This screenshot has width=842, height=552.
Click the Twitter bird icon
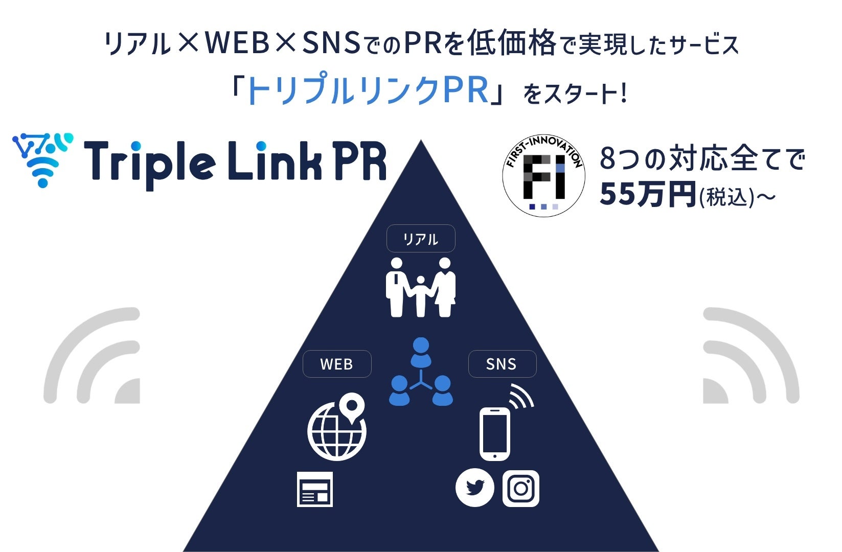click(x=474, y=488)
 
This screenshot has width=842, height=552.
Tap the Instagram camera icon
click(x=521, y=488)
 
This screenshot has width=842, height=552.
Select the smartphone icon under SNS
click(x=495, y=434)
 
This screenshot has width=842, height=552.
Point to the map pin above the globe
click(x=351, y=407)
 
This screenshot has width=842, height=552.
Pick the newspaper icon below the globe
click(x=315, y=489)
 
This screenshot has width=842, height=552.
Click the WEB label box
click(x=337, y=364)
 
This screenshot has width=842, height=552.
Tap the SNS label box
click(x=502, y=364)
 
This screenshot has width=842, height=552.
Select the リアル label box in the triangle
click(x=421, y=239)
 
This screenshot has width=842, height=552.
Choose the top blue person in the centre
click(x=421, y=352)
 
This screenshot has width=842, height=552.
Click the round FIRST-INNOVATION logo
click(x=543, y=176)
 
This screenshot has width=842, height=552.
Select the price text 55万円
click(x=648, y=195)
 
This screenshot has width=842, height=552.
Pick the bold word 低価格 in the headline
click(x=511, y=43)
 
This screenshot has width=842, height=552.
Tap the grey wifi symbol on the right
click(x=750, y=356)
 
